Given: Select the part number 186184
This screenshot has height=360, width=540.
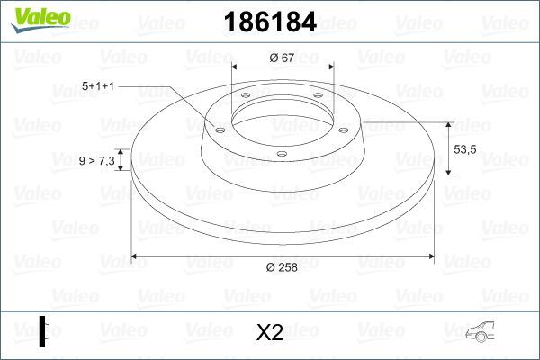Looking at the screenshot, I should [270, 23].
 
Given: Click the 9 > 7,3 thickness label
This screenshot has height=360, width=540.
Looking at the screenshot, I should [96, 160].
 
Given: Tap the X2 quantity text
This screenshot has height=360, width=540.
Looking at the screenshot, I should [269, 333].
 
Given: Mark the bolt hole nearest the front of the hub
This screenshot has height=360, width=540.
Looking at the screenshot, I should [282, 154].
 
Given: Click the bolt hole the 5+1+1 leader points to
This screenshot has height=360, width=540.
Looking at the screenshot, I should [218, 127].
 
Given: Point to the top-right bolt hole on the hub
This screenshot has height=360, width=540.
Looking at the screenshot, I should [318, 99].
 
